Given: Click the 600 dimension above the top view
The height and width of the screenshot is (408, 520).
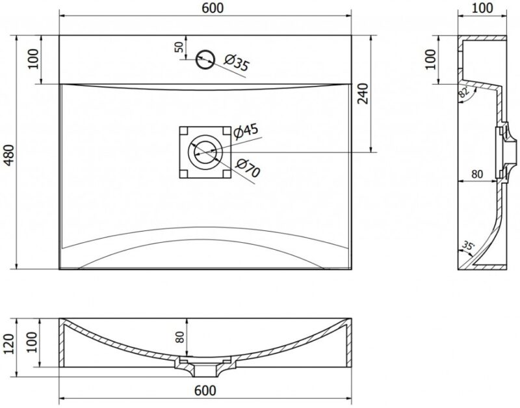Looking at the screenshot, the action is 213,8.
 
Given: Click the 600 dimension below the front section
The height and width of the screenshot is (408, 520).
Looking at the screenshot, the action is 205,390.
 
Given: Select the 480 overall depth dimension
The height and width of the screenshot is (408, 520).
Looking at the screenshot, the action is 9,155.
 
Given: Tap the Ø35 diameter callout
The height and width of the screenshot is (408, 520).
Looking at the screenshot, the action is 237,62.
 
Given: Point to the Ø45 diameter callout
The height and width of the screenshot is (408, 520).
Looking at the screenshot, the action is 246,131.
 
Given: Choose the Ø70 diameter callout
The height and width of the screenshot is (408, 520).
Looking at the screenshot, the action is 248,168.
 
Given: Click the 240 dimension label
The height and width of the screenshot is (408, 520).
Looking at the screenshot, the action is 363,94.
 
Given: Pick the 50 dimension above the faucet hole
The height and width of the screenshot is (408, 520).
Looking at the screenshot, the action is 179,47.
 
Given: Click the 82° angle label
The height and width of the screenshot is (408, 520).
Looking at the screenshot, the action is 463,91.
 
